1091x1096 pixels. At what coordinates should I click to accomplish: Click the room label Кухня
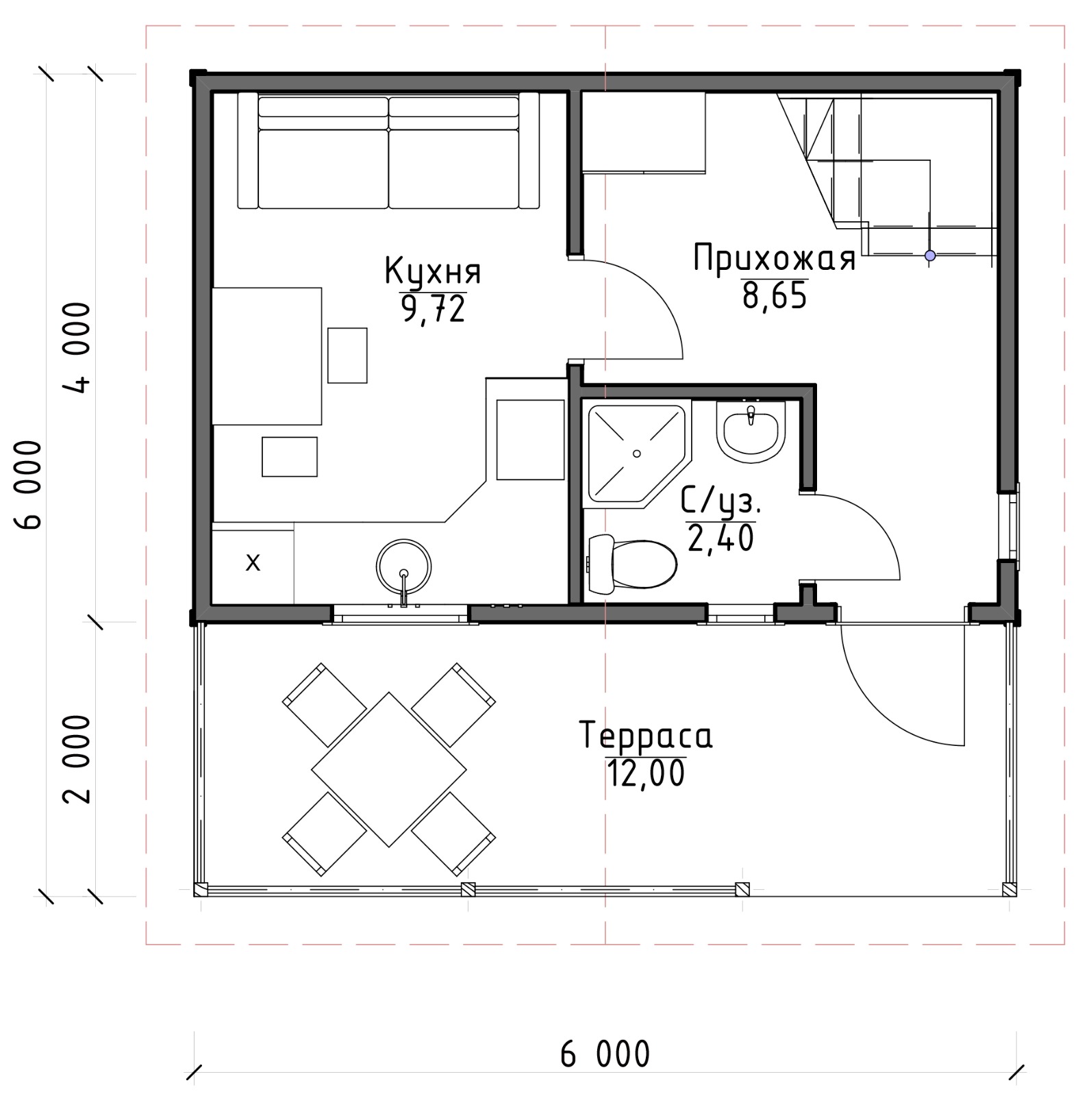click(433, 271)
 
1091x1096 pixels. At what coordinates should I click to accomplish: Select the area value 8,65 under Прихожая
click(775, 297)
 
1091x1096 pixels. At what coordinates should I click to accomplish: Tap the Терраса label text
click(646, 736)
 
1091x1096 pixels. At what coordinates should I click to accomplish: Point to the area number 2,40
click(720, 538)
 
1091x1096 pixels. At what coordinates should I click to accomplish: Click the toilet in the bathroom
click(631, 564)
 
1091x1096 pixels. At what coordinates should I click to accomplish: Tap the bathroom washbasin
click(751, 432)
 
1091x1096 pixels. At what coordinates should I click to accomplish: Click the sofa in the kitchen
click(388, 150)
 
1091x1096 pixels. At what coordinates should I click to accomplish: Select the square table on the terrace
click(388, 770)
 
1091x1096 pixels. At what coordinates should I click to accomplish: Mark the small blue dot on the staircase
click(929, 256)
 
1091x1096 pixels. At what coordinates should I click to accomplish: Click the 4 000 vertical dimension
click(77, 347)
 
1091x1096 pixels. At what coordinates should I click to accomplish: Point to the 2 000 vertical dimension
click(77, 759)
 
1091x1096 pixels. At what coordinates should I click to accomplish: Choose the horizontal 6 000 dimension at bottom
click(605, 1054)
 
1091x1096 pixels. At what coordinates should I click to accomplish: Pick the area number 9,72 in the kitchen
click(434, 310)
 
